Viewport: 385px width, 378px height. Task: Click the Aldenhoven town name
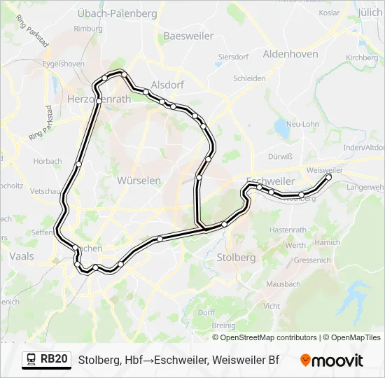point(290,54)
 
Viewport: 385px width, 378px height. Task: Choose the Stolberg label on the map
point(236,257)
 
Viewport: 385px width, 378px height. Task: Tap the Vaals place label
point(21,257)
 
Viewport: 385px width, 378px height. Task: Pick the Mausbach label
point(283,284)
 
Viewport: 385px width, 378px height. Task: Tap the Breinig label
point(223,325)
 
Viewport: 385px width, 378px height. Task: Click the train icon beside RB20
point(30,360)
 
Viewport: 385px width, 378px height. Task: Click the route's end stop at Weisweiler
point(328,177)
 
